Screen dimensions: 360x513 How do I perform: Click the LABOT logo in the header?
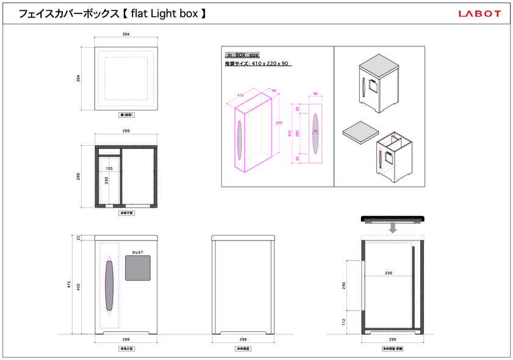coord(479,13)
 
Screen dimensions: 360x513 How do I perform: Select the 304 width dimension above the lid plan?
coord(125,35)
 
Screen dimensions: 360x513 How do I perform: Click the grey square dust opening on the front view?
coord(138,267)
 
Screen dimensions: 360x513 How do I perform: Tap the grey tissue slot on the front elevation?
coord(109,285)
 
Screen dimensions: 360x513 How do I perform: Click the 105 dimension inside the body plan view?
coord(109,168)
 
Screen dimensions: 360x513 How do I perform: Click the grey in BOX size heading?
coord(242,55)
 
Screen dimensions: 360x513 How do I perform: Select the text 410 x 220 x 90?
coord(270,63)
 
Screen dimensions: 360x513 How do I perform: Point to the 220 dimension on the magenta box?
coord(278,123)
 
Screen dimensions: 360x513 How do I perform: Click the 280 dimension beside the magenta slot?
coord(297,133)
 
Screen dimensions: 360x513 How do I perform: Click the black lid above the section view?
coord(393,218)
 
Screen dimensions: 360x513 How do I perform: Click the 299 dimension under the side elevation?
coord(243,339)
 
